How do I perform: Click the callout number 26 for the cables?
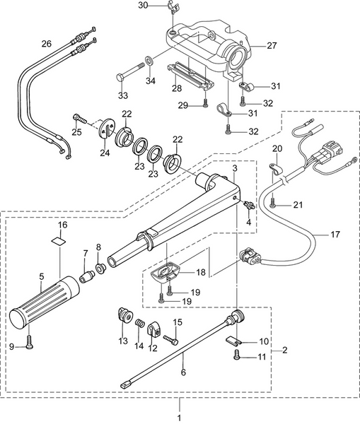(46, 44)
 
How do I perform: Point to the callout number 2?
(284, 349)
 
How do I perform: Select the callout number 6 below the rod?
(185, 372)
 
